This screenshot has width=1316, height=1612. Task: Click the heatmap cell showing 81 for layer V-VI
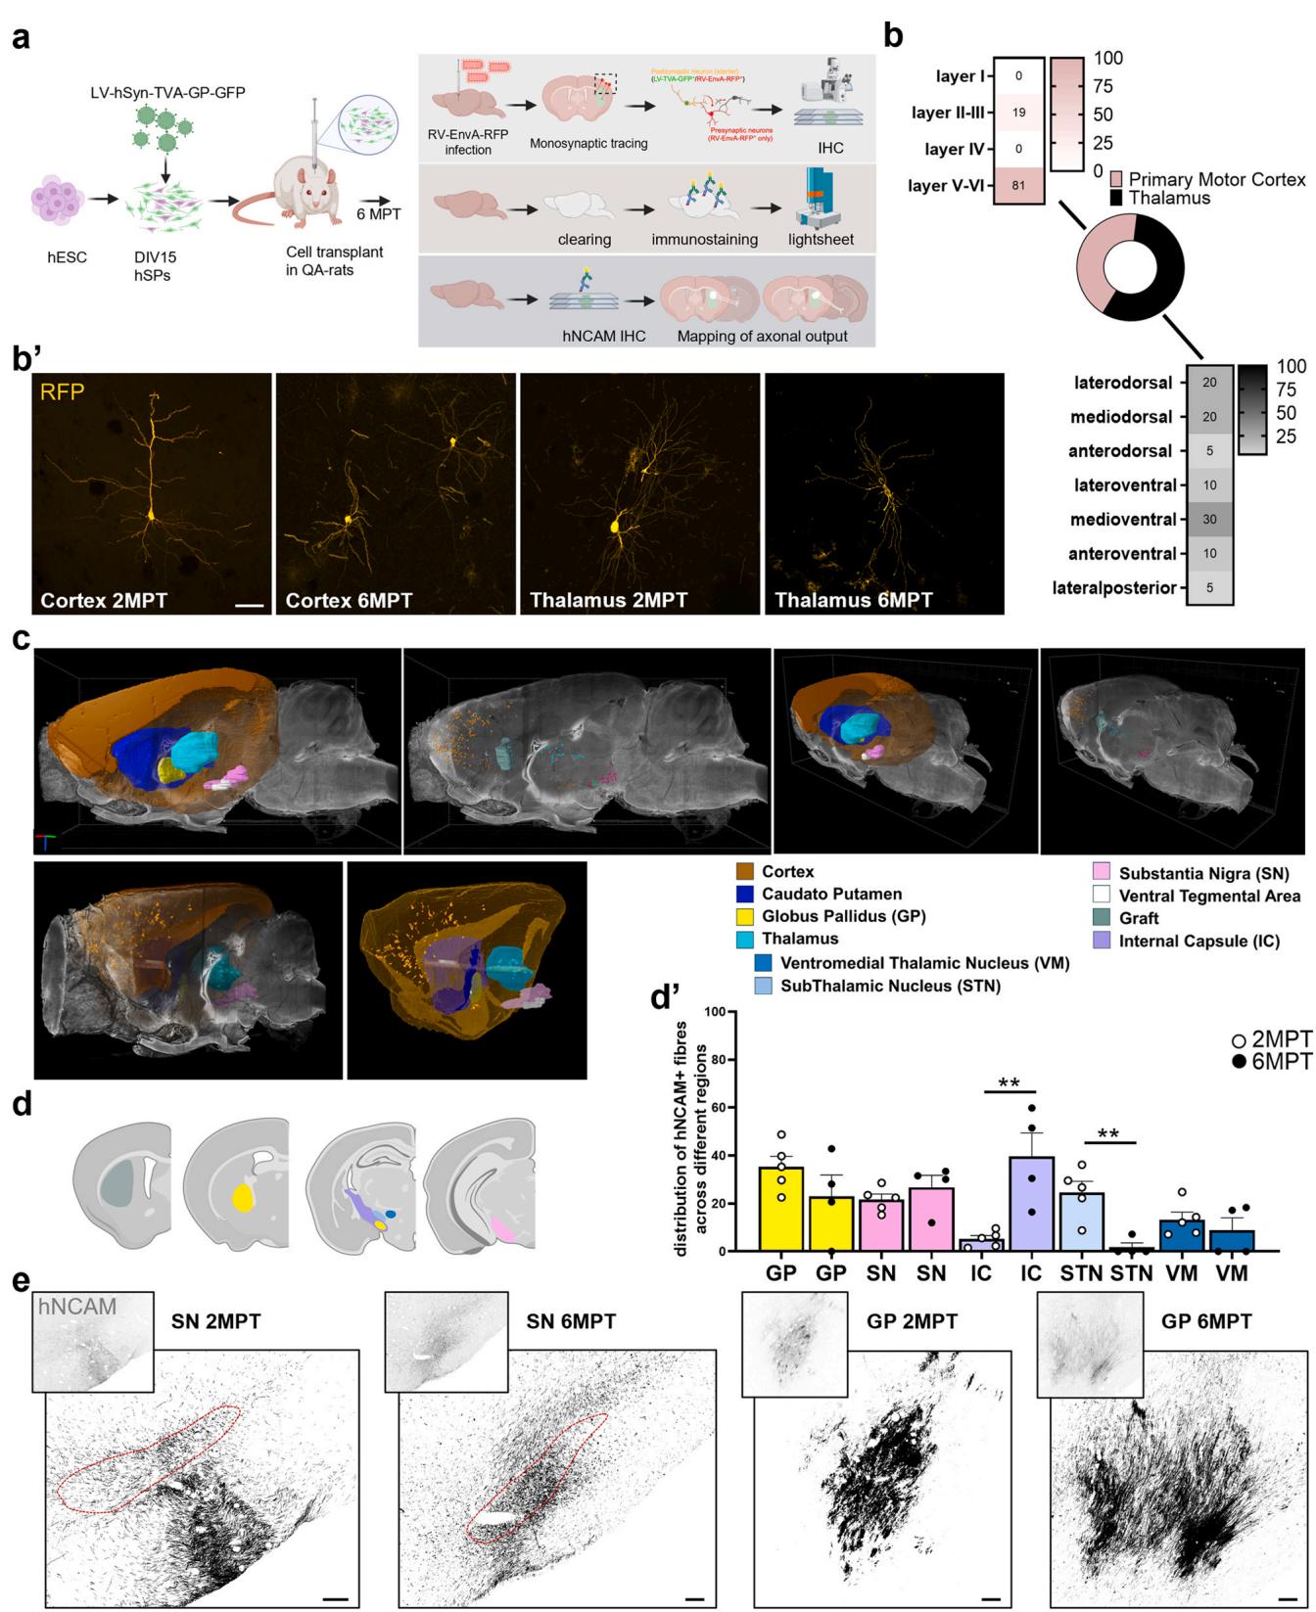point(1018,185)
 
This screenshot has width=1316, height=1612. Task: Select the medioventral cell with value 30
point(1209,520)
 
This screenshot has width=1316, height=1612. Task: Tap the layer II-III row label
point(948,113)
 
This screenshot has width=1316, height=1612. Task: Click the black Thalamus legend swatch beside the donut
point(1116,199)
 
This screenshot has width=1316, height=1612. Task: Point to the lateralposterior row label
point(1114,588)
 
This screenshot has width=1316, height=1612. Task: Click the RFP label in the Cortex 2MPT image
point(63,392)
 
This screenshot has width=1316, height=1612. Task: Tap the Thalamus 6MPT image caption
point(854,599)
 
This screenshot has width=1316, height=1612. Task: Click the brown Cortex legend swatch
point(745,872)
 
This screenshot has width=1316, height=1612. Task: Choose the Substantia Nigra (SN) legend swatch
point(1102,873)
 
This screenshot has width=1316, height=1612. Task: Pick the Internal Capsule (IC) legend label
point(1198,942)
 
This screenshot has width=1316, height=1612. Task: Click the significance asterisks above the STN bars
point(1108,1135)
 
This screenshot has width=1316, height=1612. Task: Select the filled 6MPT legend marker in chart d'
point(1240,1062)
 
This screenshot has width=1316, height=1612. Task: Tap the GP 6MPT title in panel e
point(1206,1321)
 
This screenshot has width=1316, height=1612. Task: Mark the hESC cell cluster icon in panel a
point(67,199)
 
